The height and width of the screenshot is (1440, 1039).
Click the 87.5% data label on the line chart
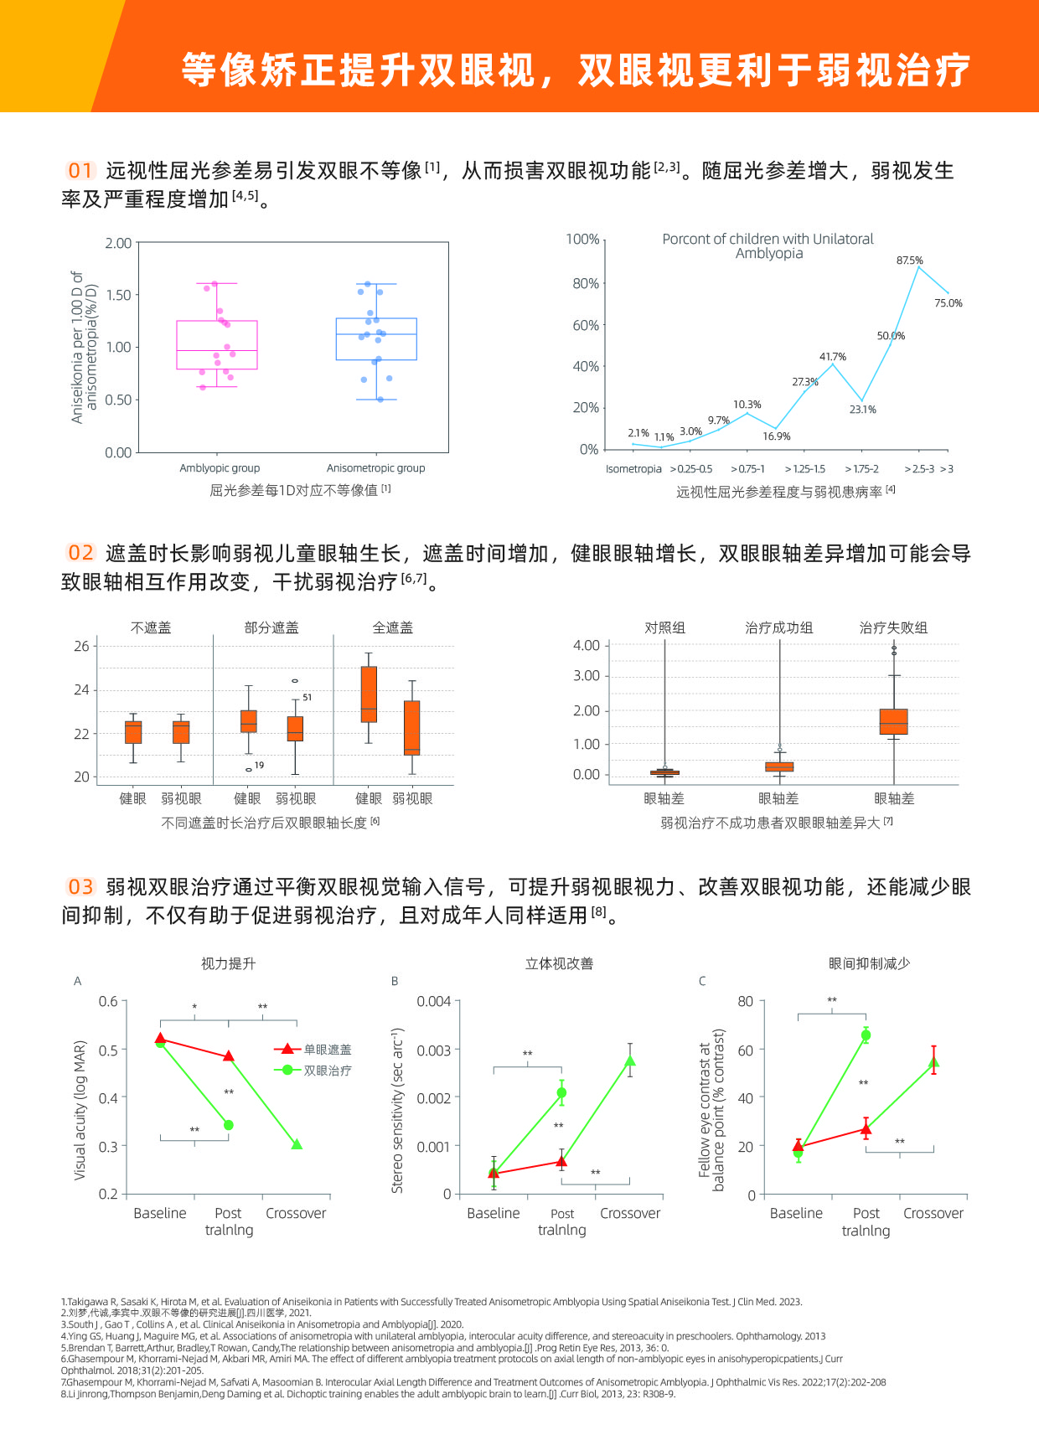pos(909,261)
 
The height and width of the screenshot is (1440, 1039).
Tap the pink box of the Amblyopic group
pos(217,344)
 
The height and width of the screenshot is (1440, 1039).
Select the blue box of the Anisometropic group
pos(376,338)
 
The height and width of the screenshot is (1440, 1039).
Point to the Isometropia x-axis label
pos(633,469)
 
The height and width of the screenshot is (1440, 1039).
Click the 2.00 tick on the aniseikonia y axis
pos(118,243)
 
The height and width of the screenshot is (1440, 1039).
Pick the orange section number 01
pos(80,171)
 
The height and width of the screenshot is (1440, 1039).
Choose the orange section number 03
pos(80,887)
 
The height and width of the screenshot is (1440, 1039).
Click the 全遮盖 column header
pos(392,627)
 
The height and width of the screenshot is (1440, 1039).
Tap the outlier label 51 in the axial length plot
pos(308,697)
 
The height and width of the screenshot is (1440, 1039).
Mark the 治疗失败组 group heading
pos(893,627)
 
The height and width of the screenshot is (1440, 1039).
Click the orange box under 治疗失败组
pos(893,721)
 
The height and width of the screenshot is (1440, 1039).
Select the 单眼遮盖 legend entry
pos(327,1050)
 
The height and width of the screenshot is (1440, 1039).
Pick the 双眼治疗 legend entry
pos(327,1071)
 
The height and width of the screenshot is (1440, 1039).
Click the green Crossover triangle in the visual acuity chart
pos(297,1144)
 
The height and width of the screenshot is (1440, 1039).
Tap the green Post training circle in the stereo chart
pos(561,1092)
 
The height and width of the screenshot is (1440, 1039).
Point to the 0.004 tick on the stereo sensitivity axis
pos(434,1002)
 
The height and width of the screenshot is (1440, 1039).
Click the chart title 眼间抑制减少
pos(869,963)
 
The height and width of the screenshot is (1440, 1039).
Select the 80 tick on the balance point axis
pos(745,1002)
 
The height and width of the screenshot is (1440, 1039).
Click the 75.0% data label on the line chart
pos(948,303)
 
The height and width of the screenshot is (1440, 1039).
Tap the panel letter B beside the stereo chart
pos(395,981)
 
